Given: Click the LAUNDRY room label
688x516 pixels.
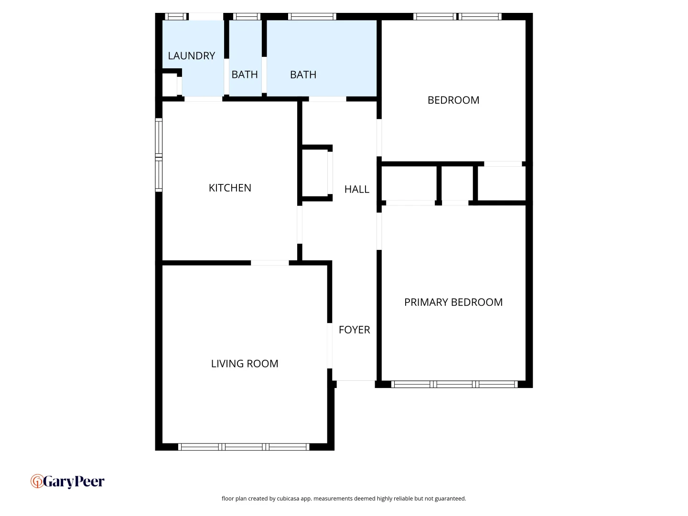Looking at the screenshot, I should click(192, 56).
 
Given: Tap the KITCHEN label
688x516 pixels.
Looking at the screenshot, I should click(230, 188).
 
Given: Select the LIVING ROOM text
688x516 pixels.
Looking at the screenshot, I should click(245, 364).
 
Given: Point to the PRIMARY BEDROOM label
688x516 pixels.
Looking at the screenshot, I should click(453, 302).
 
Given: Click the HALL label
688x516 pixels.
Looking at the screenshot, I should click(357, 189).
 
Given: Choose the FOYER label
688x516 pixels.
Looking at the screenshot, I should click(355, 330).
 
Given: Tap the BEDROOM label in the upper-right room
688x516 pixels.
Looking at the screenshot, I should click(453, 100).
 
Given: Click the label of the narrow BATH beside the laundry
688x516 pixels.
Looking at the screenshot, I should click(245, 75).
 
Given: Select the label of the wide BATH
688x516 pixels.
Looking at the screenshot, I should click(303, 75).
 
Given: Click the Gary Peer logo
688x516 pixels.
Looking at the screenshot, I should click(67, 481).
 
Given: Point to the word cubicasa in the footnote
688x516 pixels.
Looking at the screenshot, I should click(288, 498).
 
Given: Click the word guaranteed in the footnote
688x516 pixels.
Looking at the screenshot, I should click(450, 498).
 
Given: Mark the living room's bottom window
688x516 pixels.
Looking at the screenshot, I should click(244, 447).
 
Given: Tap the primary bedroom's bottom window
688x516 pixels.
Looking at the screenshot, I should click(454, 384).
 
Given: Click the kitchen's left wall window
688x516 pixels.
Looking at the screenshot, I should click(159, 155).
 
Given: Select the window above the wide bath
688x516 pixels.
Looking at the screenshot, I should click(312, 17).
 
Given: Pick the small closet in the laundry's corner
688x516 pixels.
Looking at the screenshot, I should click(170, 86).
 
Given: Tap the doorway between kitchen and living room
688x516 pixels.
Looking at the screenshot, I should click(270, 263).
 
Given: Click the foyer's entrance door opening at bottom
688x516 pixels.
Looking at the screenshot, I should click(355, 381).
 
